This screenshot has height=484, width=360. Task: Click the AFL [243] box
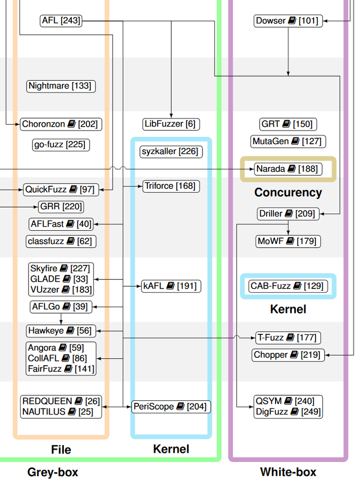[x=61, y=21]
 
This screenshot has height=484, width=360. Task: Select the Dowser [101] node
[x=287, y=21]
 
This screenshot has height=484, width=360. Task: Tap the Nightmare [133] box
[x=60, y=86]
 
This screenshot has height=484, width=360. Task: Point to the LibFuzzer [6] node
[x=169, y=124]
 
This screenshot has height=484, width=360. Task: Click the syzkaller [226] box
[x=169, y=152]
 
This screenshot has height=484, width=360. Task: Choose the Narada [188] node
[x=287, y=169]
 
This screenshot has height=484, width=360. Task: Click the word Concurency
[x=288, y=193]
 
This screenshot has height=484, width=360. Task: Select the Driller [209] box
[x=287, y=214]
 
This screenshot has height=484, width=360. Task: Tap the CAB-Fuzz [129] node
[x=287, y=286]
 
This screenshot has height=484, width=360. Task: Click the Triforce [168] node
[x=170, y=186]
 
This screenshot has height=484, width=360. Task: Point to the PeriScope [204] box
[x=170, y=407]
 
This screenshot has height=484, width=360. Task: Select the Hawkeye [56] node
[x=60, y=331]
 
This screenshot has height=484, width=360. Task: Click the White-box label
[x=288, y=472]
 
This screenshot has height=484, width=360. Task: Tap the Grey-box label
[x=52, y=472]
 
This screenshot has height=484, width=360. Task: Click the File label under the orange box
[x=61, y=449]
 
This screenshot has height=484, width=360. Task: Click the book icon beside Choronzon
[x=71, y=124]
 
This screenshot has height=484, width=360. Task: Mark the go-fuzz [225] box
[x=59, y=145]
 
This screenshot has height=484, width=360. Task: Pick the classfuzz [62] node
[x=60, y=241]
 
